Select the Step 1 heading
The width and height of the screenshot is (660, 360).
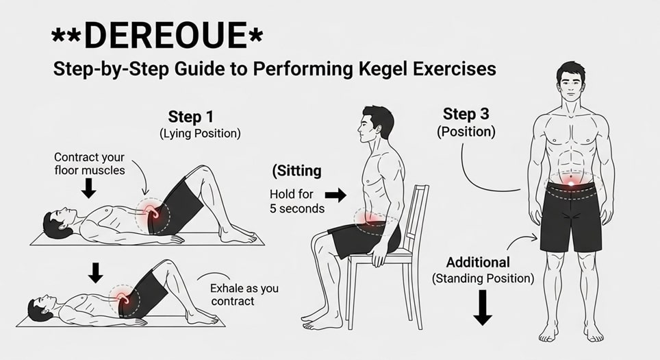(x=194, y=117)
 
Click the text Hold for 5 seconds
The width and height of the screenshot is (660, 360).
(x=296, y=201)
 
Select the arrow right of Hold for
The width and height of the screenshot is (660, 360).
(x=335, y=195)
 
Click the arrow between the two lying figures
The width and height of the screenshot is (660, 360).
(x=96, y=272)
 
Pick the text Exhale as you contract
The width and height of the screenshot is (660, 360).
(x=244, y=295)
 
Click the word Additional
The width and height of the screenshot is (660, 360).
(x=478, y=262)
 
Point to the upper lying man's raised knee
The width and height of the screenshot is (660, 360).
(x=199, y=171)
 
